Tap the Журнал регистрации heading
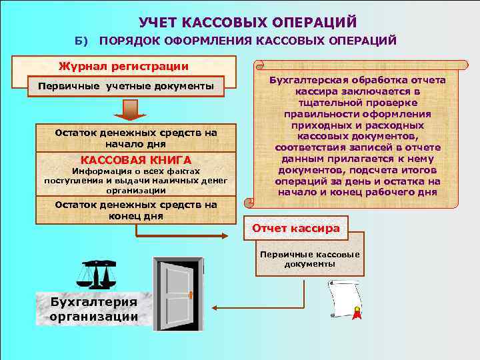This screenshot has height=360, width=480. [x=123, y=66]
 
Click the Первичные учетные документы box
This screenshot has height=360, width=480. [x=126, y=87]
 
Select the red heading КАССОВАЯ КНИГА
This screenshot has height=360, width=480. [x=135, y=160]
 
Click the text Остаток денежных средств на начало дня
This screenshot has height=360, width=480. [x=136, y=138]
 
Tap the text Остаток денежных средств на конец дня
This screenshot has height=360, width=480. [x=136, y=211]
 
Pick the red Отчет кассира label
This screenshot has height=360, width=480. [x=295, y=229]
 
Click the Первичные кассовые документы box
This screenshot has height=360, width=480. [x=309, y=259]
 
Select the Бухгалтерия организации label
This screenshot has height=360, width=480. [x=93, y=308]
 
